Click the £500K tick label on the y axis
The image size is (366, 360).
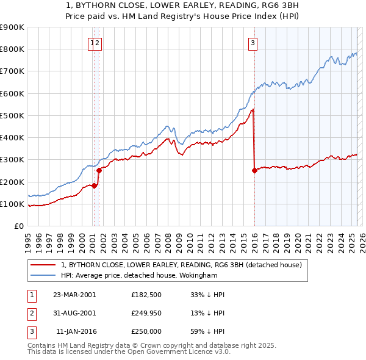(x=12, y=115)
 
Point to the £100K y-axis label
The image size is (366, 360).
(x=12, y=204)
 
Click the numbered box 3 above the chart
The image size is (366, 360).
(x=253, y=43)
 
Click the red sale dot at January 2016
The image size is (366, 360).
(x=254, y=170)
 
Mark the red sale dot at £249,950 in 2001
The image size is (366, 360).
(x=99, y=170)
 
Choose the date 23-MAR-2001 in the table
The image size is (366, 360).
(x=74, y=294)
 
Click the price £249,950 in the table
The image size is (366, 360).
(x=146, y=313)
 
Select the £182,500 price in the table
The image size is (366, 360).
(x=146, y=294)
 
